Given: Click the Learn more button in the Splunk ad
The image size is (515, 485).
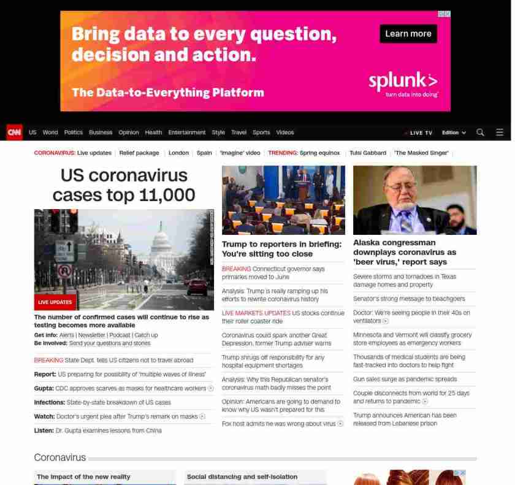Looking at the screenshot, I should [408, 34].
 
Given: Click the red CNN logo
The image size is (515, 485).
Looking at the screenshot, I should [14, 132].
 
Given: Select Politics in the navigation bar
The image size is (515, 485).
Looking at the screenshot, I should [74, 132].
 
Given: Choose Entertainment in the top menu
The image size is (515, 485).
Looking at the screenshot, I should [187, 132].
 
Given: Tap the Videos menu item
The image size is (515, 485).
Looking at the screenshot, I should [285, 132].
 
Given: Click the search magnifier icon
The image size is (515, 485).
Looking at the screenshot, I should [480, 132].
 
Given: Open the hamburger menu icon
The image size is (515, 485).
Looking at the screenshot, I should [500, 132].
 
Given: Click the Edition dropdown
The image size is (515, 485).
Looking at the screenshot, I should [454, 132].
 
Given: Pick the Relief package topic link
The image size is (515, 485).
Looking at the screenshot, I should [139, 153].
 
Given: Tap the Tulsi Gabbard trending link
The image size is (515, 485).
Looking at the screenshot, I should [368, 153].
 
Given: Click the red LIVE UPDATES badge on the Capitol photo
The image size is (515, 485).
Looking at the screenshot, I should [55, 302].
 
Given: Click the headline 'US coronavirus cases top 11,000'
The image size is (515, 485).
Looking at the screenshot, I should [124, 185].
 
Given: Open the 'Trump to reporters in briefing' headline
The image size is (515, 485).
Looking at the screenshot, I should [281, 248].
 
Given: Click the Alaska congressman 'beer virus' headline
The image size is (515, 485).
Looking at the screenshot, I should [405, 252].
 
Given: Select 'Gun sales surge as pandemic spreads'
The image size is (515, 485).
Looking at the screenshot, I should [405, 379].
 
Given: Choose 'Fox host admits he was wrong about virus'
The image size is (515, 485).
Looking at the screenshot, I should [279, 423].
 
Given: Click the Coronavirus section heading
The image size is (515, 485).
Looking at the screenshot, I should [59, 457].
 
